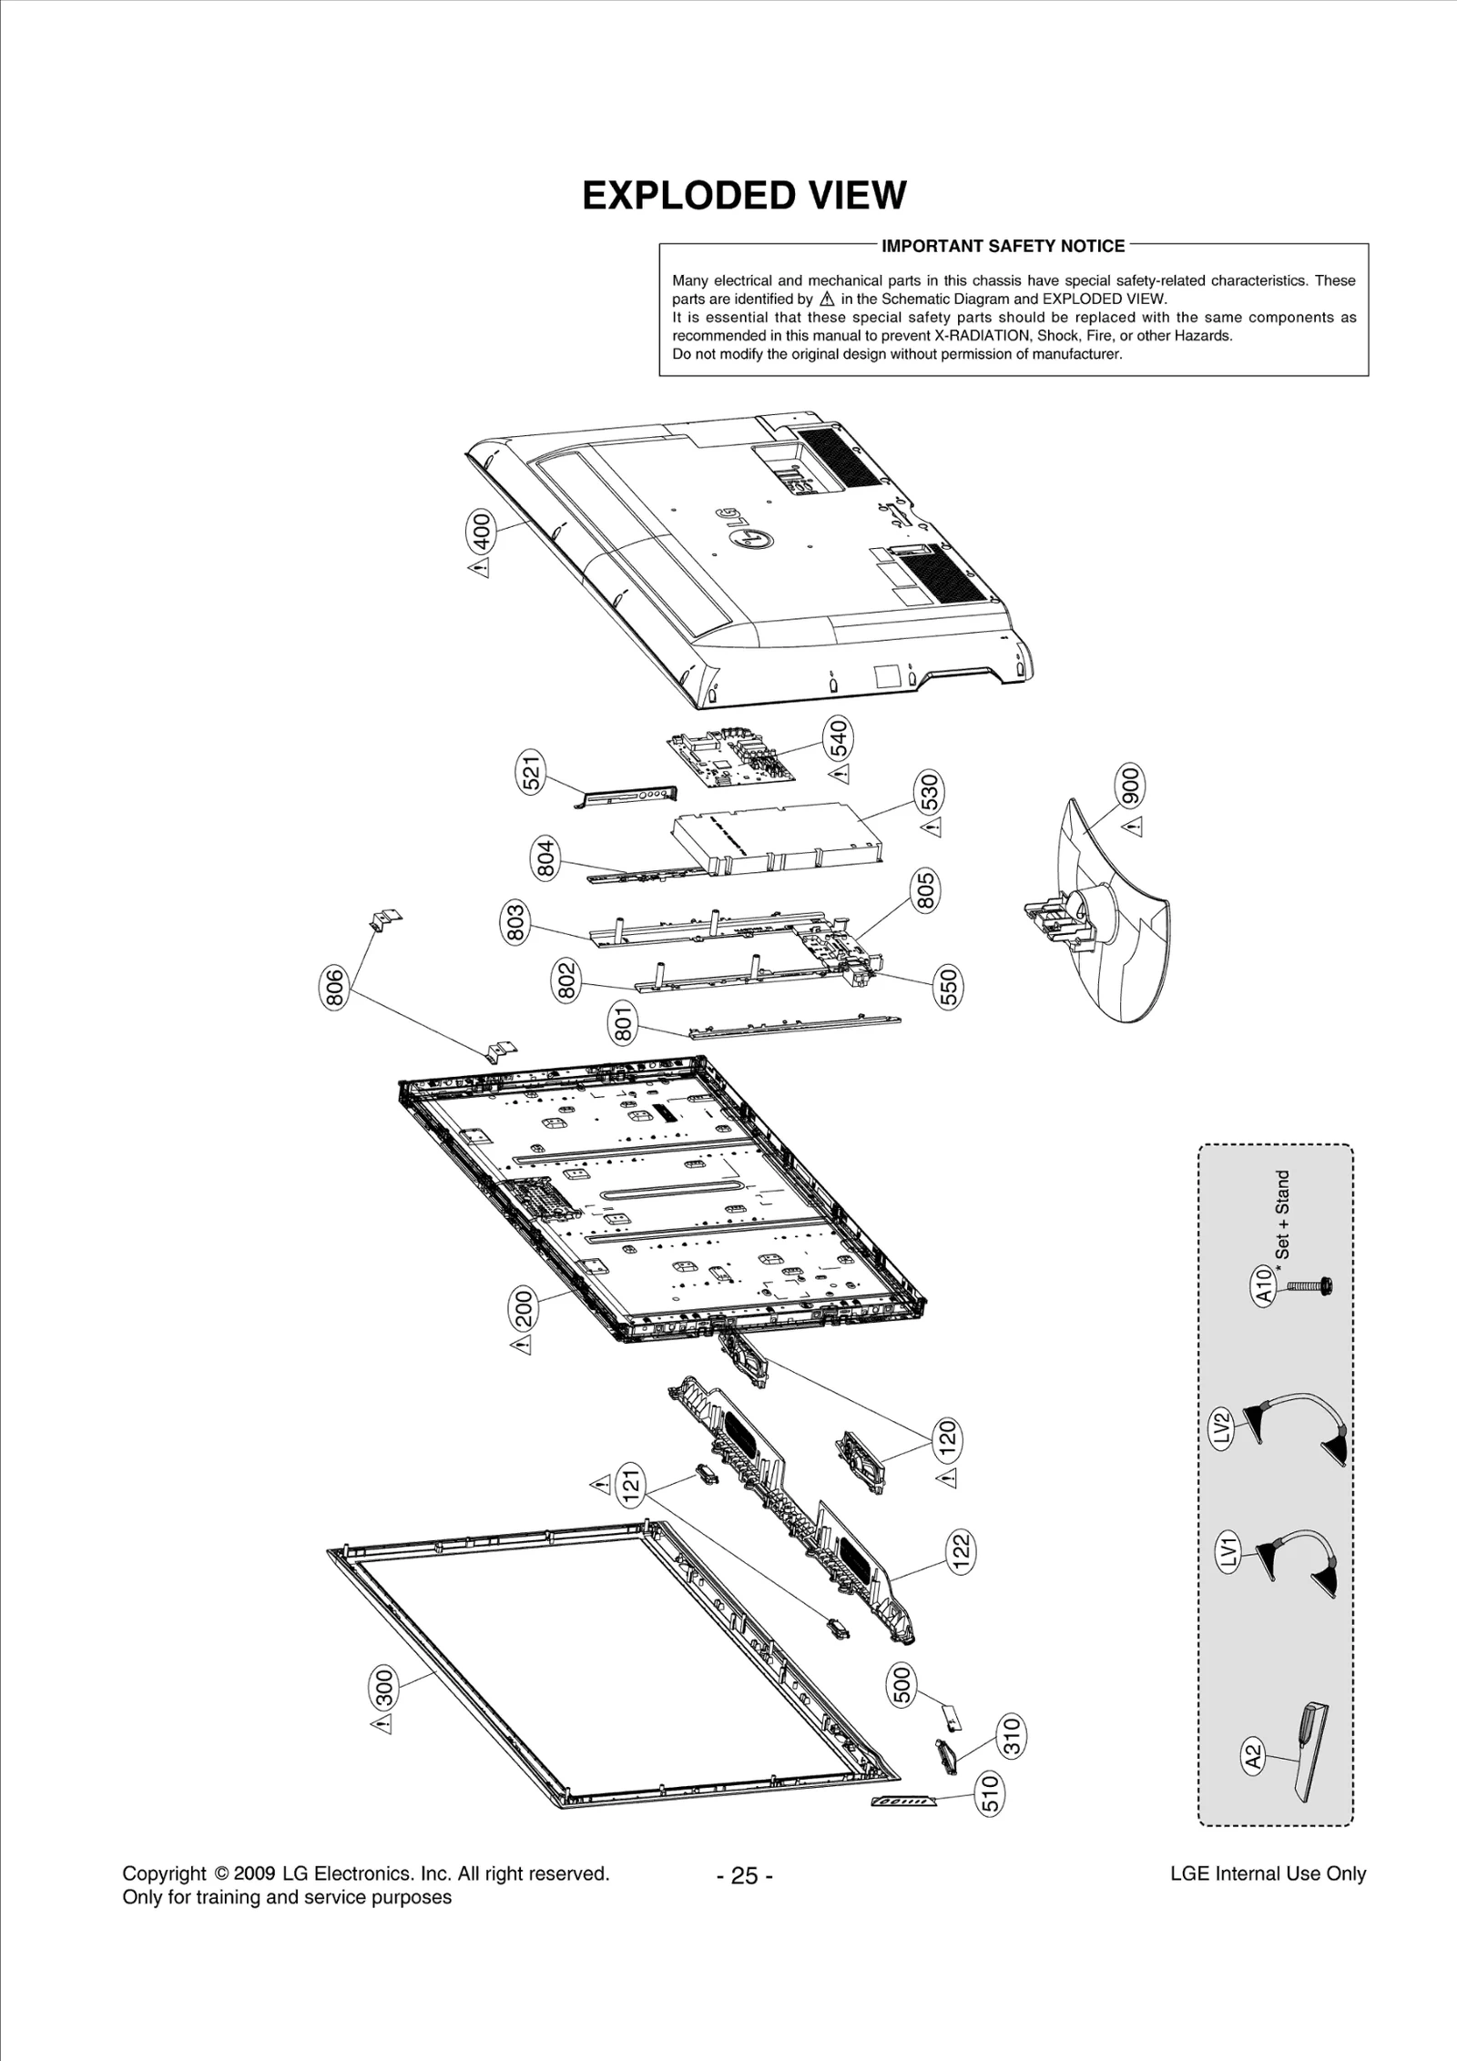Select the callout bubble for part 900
(x=1130, y=786)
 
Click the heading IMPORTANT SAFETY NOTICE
(x=1004, y=246)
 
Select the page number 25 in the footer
(x=744, y=1875)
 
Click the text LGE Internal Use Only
(x=1268, y=1873)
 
